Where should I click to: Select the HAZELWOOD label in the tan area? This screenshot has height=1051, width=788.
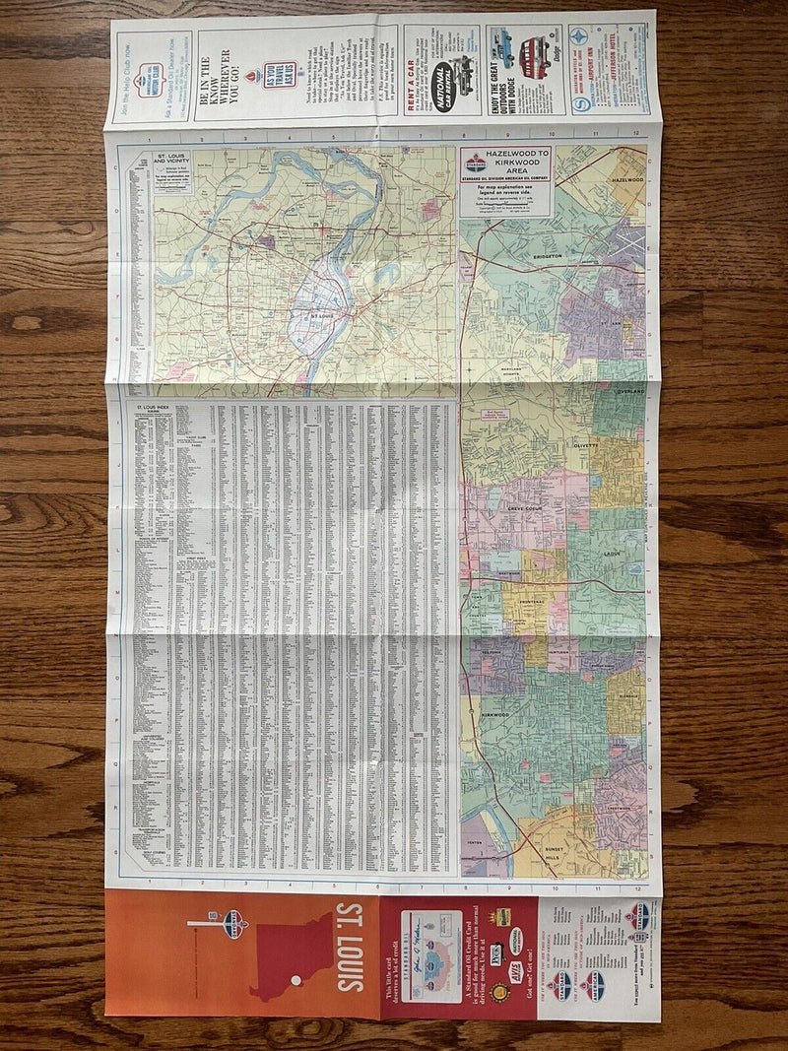626,181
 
